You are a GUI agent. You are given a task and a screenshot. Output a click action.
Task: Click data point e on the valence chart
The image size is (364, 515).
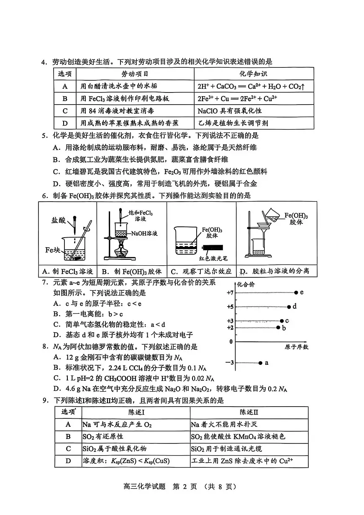click(296, 292)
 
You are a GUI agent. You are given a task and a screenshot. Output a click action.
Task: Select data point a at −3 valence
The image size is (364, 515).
click(260, 362)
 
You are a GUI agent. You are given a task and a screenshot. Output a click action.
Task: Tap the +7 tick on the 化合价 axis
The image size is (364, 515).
click(230, 292)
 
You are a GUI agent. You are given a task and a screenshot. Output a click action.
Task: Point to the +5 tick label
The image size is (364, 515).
click(230, 307)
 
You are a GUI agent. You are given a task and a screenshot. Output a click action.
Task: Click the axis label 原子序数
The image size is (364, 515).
click(296, 347)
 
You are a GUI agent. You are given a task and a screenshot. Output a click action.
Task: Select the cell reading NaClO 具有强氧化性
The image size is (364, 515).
click(229, 111)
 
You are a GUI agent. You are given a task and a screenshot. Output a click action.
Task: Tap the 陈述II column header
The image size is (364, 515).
click(249, 412)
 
